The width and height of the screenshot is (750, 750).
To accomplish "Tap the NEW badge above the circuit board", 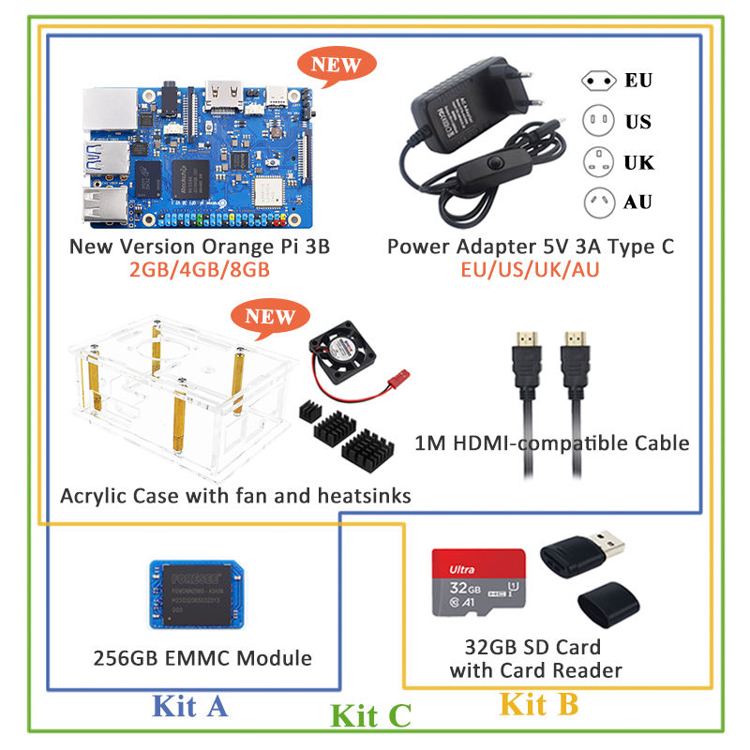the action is (x=336, y=66).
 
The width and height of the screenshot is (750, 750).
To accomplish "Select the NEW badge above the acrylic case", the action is (x=270, y=317).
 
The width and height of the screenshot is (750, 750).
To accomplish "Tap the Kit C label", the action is (x=371, y=716).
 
